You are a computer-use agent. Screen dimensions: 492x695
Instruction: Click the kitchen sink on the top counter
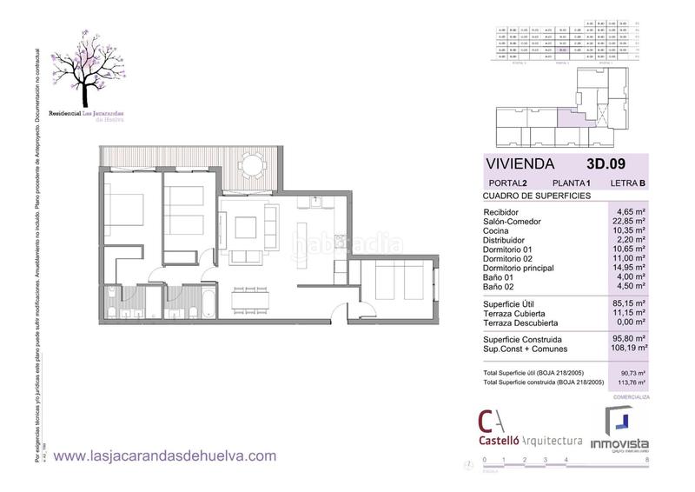(317, 203)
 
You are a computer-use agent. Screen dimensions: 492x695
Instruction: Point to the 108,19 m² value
(630, 346)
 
